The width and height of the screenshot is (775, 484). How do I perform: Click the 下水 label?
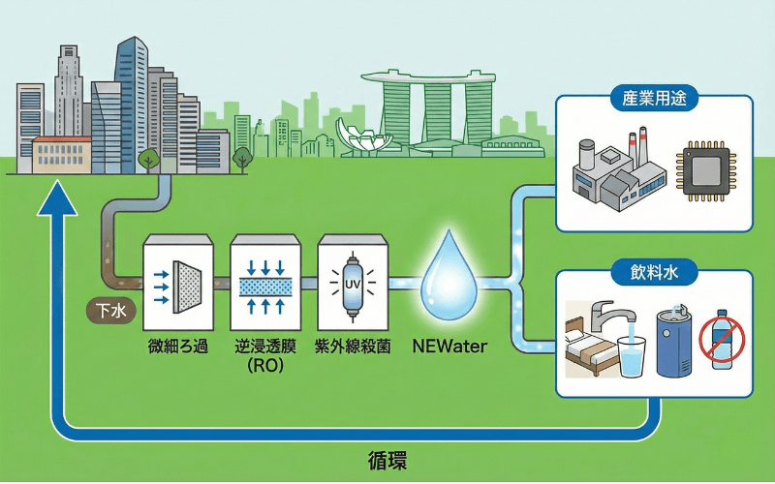108,311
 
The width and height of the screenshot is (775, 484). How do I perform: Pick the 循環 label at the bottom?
387,460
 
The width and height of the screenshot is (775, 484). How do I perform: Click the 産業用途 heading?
655,101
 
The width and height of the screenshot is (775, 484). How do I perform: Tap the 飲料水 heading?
655,275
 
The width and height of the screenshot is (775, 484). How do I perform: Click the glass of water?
631,355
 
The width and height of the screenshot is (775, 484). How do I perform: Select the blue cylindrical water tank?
676,342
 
